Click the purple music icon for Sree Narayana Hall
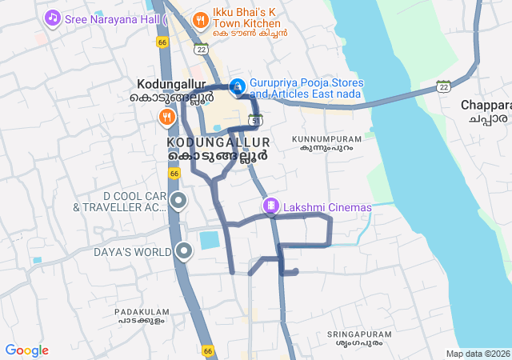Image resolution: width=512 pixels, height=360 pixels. [53, 17]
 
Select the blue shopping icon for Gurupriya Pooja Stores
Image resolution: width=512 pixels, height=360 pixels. [238, 86]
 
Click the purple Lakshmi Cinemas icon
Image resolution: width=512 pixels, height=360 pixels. [271, 207]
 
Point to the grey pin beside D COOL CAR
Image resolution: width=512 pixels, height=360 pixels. [178, 201]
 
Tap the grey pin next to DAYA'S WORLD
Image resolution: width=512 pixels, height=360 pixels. [185, 252]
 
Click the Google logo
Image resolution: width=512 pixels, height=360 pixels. [26, 350]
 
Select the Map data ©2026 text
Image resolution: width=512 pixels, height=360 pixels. [477, 354]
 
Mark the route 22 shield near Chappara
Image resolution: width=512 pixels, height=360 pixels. [443, 86]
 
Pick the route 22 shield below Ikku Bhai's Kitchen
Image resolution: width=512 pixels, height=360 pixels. [201, 50]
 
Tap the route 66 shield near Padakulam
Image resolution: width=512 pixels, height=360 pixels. [208, 350]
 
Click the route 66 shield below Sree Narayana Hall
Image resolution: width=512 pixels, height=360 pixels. [163, 42]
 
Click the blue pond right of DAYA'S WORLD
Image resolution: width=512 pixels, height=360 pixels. [209, 240]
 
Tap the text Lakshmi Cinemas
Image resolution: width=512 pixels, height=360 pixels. [327, 207]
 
